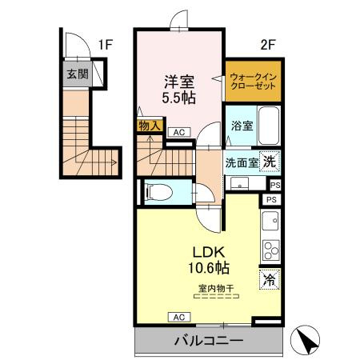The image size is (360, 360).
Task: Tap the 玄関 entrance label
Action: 77,75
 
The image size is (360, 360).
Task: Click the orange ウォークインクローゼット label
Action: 253,82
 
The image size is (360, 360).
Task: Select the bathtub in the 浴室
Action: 268,126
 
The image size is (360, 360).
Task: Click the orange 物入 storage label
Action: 150,126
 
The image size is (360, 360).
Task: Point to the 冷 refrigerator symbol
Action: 270,281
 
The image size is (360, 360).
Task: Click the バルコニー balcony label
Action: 210,342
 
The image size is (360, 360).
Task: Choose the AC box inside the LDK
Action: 177,317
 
